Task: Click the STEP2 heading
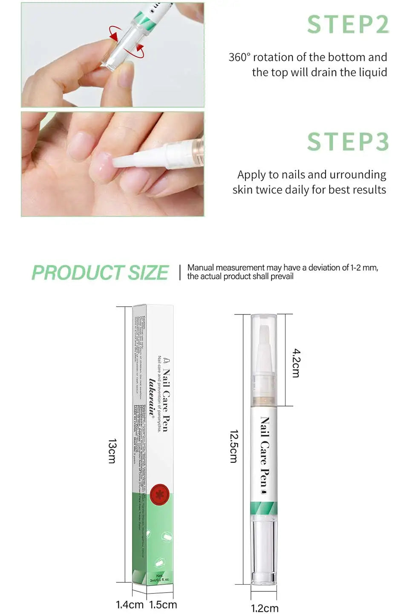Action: pos(348,25)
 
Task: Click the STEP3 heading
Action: pos(348,142)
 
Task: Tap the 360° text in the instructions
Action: pos(239,57)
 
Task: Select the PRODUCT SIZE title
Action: pos(100,273)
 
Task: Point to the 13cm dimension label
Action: pos(112,451)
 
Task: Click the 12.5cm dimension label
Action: pos(233,446)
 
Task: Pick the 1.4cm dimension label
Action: pos(130,605)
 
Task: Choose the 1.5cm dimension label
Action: pos(163,605)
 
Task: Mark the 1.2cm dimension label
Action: pos(265,608)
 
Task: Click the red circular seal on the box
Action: pos(160,494)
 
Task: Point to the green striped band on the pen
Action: pos(264,508)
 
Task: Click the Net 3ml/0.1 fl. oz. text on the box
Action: pos(160,578)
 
